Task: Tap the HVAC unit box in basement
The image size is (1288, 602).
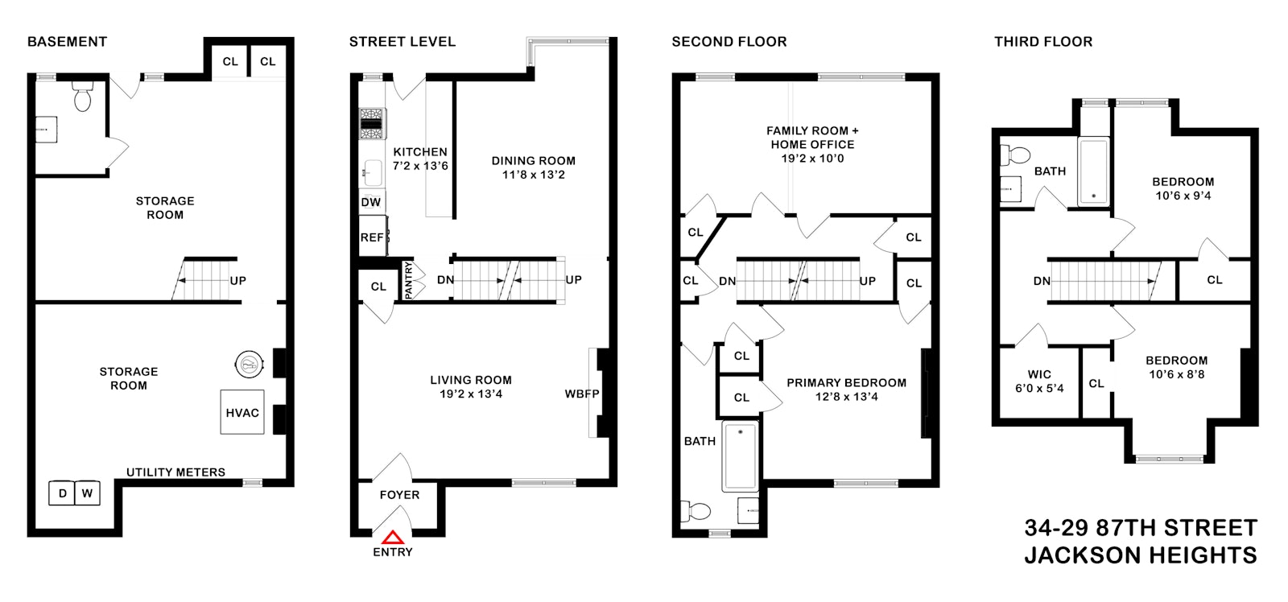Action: coord(242,412)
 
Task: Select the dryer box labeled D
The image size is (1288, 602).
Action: coord(62,493)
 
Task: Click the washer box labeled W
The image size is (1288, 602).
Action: coord(88,493)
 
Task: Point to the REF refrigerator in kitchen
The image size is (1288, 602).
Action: coord(373,237)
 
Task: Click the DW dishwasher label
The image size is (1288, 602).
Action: coord(371,202)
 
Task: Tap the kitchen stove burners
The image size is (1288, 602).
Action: coord(373,124)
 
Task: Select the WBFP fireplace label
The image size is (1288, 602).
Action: coord(582,394)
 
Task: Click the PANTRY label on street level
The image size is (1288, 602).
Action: coord(408,281)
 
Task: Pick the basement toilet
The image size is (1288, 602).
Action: coord(83,96)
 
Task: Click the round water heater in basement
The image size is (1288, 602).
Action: coord(250,364)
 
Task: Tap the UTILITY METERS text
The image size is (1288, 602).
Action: coord(176,472)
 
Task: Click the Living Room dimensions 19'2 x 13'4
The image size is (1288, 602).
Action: coord(471,394)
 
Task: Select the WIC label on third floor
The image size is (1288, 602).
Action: coord(1039,374)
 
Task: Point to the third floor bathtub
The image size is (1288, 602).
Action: coord(1094,171)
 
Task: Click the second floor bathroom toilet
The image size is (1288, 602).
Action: coord(696,511)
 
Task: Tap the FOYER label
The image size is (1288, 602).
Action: coord(399,494)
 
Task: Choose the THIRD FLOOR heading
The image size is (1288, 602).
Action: coord(1043,41)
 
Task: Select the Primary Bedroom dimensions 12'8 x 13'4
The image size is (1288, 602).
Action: coord(846,397)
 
